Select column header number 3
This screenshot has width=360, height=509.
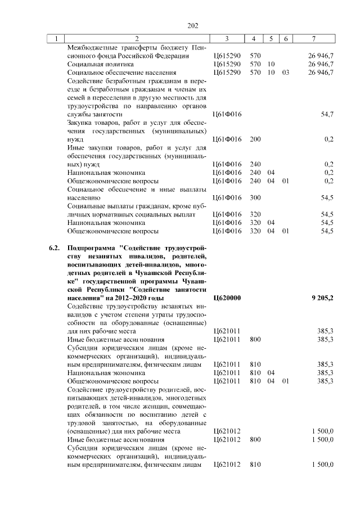(226, 39)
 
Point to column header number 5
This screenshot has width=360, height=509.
(271, 39)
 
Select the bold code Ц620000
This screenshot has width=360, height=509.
(228, 298)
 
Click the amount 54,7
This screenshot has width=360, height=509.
(327, 114)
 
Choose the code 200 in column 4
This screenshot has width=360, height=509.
(255, 139)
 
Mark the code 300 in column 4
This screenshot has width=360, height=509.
(255, 197)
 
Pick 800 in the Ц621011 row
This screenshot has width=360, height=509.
(255, 339)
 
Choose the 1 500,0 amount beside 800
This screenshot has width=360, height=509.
(323, 439)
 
